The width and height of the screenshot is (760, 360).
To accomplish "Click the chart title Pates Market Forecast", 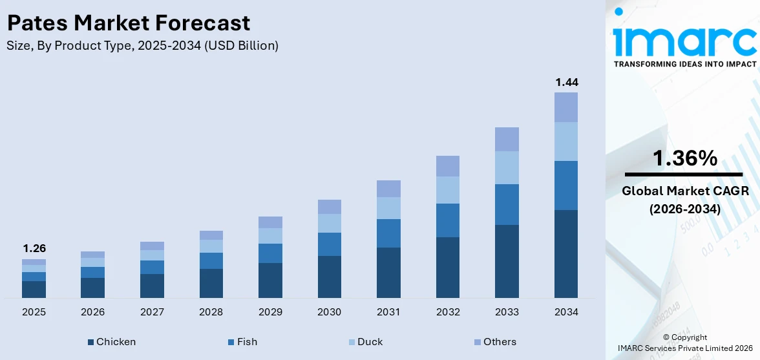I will [x=128, y=23].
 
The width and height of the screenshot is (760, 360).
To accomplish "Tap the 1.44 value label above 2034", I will [x=567, y=82].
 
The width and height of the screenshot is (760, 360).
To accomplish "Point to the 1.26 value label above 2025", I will [x=34, y=248].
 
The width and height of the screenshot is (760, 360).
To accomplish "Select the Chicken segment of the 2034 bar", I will [x=567, y=253].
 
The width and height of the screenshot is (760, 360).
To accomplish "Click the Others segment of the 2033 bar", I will [x=507, y=139].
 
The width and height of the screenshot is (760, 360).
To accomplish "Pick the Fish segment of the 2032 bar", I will [x=448, y=220].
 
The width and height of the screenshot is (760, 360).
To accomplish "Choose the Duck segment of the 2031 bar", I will [x=388, y=208].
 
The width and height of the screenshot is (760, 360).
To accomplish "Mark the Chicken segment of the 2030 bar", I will [x=330, y=277].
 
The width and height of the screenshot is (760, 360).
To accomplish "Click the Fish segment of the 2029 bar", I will [x=270, y=253].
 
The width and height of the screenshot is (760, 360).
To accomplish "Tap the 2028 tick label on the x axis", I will [x=211, y=312].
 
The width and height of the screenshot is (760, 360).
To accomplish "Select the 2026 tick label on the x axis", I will [x=93, y=312].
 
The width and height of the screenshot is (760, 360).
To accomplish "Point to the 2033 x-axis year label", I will [x=507, y=312].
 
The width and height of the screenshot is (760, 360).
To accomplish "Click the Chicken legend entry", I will [x=112, y=342].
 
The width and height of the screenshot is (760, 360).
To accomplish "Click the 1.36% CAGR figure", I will [x=684, y=158].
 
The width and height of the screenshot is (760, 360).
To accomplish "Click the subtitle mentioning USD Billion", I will [x=142, y=46].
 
